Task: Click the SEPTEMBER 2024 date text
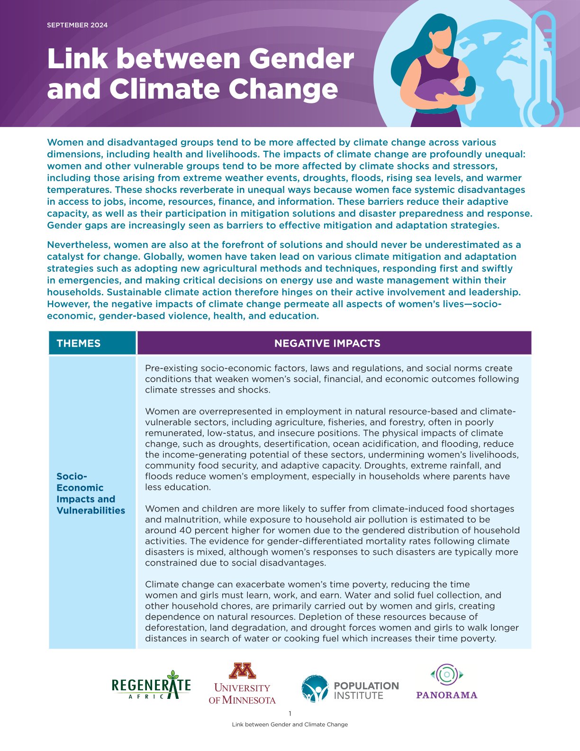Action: (x=77, y=25)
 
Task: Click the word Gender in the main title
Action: (x=301, y=59)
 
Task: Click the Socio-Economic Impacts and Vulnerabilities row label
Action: (x=91, y=493)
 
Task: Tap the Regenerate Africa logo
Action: (x=151, y=686)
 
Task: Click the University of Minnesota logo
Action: (x=242, y=683)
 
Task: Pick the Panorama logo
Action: (x=446, y=682)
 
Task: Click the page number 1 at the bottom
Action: (x=290, y=714)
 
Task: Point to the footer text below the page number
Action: (x=290, y=724)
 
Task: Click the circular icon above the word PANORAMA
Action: (x=446, y=674)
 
